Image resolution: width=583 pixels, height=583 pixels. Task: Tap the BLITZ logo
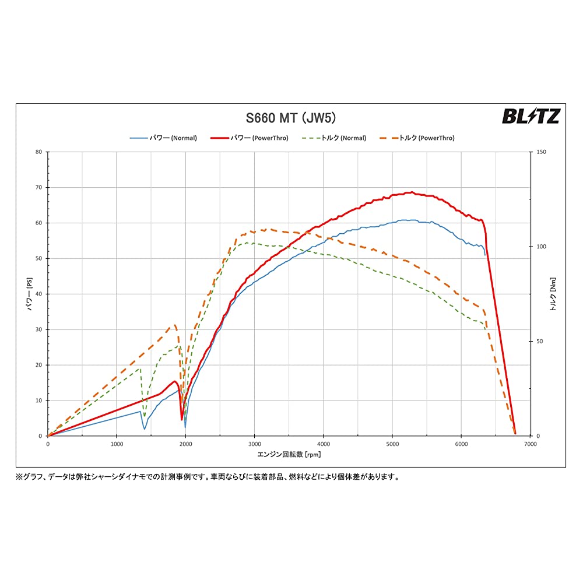(531, 117)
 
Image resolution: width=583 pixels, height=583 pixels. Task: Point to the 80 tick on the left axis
(39, 152)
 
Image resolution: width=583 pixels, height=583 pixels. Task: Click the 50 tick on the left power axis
(39, 258)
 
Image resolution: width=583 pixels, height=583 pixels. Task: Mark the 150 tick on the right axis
(540, 152)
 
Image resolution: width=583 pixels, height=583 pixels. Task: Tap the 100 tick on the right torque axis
(540, 247)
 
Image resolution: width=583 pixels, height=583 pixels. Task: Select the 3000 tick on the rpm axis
(254, 444)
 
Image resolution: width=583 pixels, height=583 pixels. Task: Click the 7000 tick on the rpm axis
(530, 444)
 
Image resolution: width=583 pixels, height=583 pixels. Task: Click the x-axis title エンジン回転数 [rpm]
(289, 454)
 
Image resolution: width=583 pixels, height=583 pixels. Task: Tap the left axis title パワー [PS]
(29, 294)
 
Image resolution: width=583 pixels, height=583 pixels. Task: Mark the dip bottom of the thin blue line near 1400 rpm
(145, 429)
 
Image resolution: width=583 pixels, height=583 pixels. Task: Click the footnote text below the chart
(208, 476)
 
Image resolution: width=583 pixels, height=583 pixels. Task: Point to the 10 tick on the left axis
(39, 401)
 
